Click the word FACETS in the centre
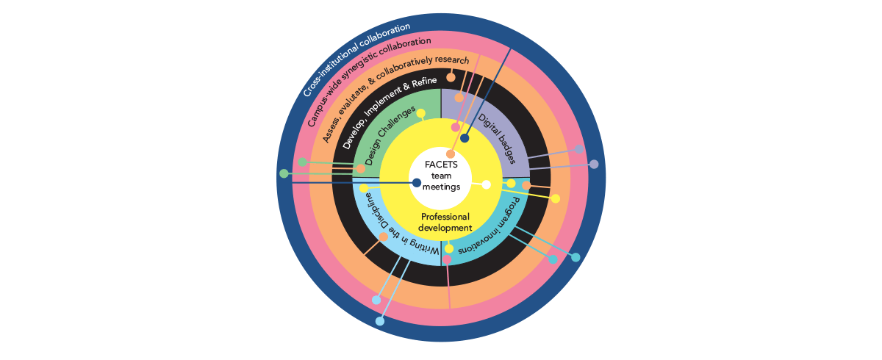tap(441, 165)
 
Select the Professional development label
tap(445, 222)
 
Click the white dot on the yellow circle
tap(486, 185)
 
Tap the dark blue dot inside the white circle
tap(417, 182)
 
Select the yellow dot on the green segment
tap(421, 113)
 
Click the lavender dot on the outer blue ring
tap(594, 164)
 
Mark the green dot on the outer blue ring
tap(284, 173)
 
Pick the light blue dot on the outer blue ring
tap(380, 321)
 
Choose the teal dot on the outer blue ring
tap(576, 257)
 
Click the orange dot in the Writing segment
tap(383, 237)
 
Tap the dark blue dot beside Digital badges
tap(465, 138)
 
